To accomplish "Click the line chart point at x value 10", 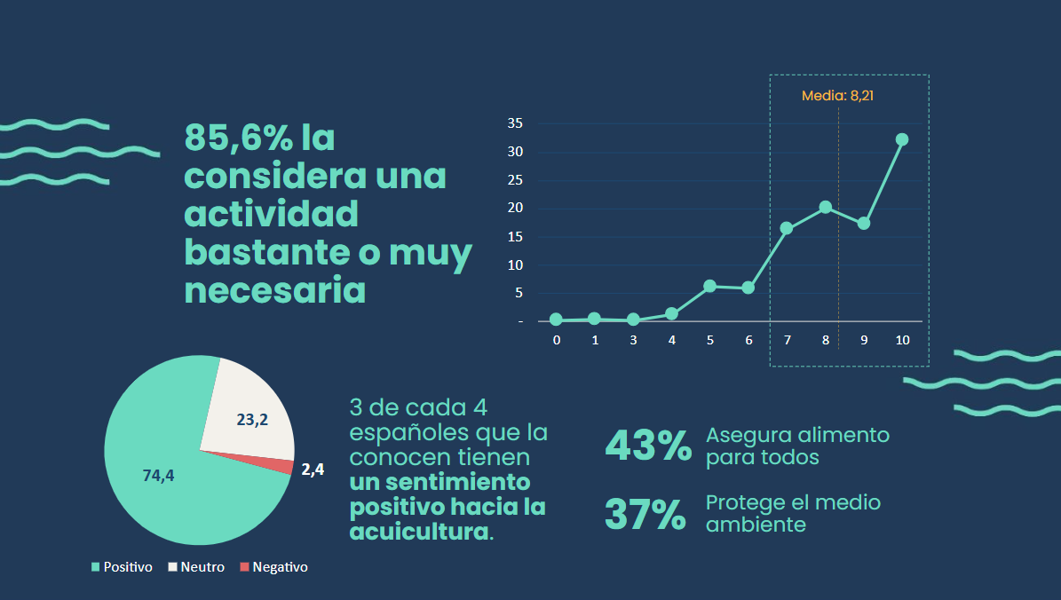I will click(x=902, y=139).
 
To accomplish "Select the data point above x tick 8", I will click(x=825, y=207).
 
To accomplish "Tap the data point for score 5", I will click(x=709, y=286).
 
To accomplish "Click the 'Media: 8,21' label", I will click(x=837, y=96).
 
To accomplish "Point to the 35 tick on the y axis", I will click(x=515, y=123).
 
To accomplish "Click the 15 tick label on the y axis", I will click(x=515, y=237).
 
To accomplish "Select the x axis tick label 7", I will click(x=787, y=340).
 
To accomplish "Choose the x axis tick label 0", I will click(x=556, y=340).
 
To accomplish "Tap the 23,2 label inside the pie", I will click(x=252, y=420).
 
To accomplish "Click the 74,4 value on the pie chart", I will click(x=158, y=476).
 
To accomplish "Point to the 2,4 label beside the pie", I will click(x=313, y=470).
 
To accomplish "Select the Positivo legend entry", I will click(x=122, y=567).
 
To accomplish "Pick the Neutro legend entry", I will click(x=196, y=567).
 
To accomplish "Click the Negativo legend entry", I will click(x=273, y=567).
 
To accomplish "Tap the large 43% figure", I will click(x=647, y=446).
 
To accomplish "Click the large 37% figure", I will click(x=645, y=515).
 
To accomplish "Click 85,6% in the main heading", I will click(x=237, y=138).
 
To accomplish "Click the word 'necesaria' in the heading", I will click(x=274, y=291).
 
